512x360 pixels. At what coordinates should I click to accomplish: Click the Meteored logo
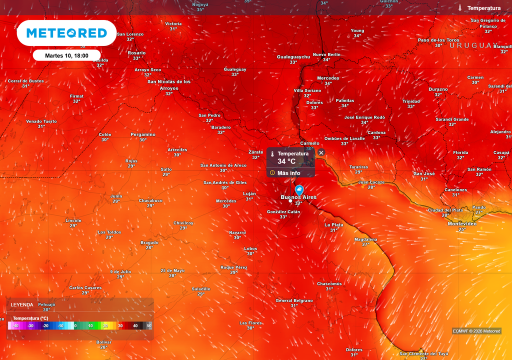[x=66, y=33]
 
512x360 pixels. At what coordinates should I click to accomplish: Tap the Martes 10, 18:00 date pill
[x=66, y=55]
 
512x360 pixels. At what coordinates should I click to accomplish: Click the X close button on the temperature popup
[x=321, y=152]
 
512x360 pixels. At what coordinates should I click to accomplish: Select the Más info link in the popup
[x=288, y=173]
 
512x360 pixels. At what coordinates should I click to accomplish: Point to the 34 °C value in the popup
[x=286, y=161]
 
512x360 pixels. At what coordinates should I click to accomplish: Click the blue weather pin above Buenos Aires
[x=299, y=190]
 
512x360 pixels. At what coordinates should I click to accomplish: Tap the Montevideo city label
[x=461, y=223]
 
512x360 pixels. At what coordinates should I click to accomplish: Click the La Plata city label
[x=333, y=225]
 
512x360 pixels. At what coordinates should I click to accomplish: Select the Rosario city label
[x=136, y=52]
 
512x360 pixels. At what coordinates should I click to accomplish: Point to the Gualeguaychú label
[x=293, y=57]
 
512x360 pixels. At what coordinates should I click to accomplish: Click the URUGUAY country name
[x=473, y=45]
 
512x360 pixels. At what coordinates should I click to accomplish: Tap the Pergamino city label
[x=143, y=134]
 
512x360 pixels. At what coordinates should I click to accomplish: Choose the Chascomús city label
[x=329, y=283]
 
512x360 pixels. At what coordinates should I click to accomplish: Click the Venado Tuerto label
[x=41, y=121]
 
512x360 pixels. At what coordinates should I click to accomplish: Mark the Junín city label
[x=116, y=196]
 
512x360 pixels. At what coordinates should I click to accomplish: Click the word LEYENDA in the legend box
[x=22, y=304]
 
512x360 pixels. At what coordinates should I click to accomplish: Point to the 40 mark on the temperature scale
[x=135, y=325]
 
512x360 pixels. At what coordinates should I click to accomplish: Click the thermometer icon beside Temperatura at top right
[x=459, y=8]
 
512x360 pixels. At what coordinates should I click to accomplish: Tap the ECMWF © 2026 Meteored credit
[x=476, y=331]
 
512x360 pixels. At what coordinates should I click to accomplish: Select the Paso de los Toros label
[x=438, y=40]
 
